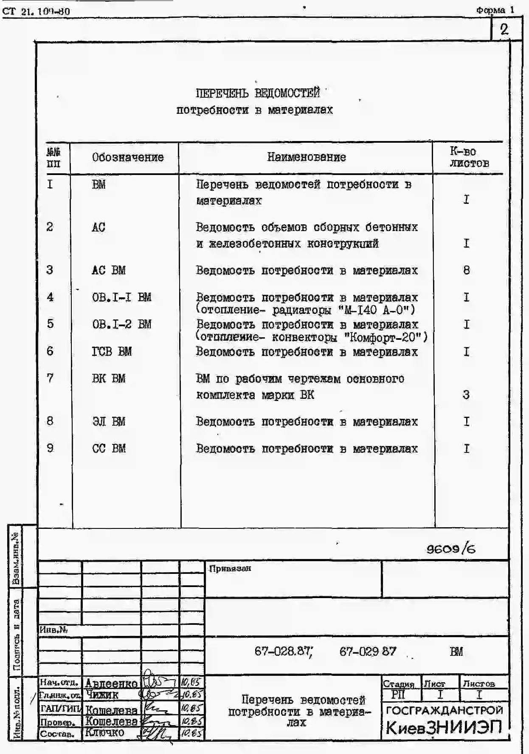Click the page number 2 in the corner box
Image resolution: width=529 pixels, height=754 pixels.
click(x=504, y=29)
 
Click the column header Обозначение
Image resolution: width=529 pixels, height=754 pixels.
click(x=128, y=158)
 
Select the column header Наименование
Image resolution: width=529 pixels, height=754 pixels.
click(x=306, y=157)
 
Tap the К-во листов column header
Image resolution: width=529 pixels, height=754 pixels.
click(x=469, y=157)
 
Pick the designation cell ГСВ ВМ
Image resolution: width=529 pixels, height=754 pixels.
click(x=112, y=352)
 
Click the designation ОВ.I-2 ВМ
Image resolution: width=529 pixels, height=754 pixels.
click(x=121, y=325)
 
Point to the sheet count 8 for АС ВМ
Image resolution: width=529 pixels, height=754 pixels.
click(x=467, y=270)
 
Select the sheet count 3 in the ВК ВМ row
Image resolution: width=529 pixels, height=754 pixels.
click(x=466, y=395)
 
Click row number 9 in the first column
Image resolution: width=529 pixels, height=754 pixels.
click(x=50, y=448)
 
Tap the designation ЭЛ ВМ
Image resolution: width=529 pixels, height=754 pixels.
click(x=109, y=421)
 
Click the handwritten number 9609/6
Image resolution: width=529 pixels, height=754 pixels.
click(x=451, y=549)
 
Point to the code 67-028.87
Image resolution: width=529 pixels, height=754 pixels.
click(x=283, y=651)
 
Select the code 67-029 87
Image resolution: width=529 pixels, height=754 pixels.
click(x=368, y=651)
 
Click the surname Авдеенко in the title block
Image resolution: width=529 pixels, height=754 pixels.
click(x=111, y=683)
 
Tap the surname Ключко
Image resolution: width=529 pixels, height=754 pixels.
click(x=104, y=732)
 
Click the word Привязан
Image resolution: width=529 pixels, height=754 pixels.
click(x=230, y=568)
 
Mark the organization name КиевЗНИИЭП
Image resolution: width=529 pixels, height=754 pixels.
click(x=444, y=728)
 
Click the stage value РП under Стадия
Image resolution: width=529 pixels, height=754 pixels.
click(x=398, y=695)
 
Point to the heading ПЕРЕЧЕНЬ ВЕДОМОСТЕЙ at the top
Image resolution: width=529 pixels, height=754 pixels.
click(x=257, y=93)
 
